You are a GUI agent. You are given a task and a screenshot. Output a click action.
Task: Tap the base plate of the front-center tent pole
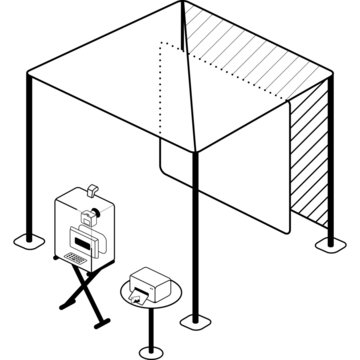coord(192,322)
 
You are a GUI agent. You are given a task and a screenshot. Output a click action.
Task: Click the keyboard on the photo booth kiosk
coord(76,258)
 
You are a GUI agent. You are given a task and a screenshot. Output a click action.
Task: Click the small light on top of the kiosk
coord(92,188)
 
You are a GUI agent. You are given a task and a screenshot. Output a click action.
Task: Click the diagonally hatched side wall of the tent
coord(312,160)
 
